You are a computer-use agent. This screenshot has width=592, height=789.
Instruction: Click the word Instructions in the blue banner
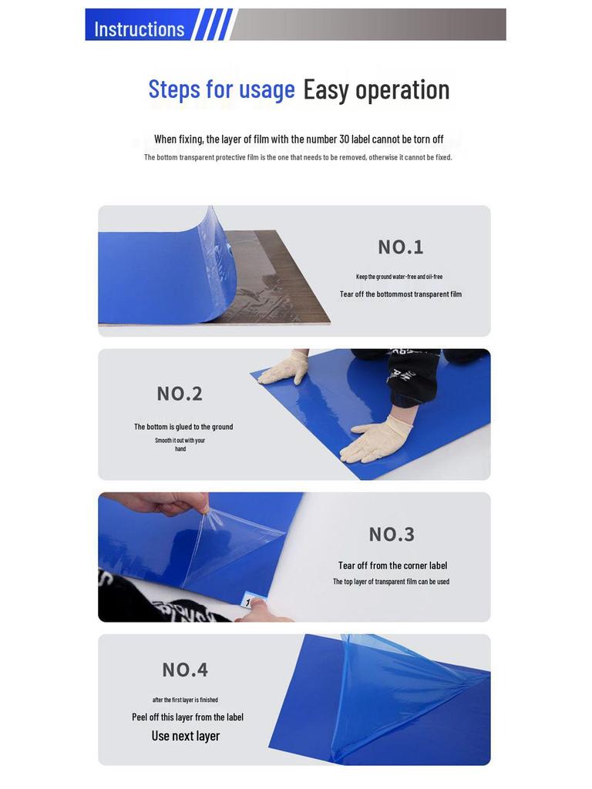click(x=139, y=29)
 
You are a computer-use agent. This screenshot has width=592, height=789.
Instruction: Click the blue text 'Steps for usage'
click(x=221, y=89)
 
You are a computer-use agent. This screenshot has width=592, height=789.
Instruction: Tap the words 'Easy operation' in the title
click(x=376, y=89)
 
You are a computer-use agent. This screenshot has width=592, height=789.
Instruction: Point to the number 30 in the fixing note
click(x=344, y=139)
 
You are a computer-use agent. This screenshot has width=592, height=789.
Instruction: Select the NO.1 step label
click(x=400, y=247)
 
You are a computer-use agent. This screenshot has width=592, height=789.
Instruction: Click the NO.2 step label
click(x=180, y=394)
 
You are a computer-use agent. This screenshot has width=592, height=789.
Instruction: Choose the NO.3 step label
click(x=392, y=534)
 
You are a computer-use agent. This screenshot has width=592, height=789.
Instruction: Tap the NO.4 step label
click(x=185, y=670)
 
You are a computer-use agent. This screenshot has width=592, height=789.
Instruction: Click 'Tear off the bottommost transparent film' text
click(x=400, y=294)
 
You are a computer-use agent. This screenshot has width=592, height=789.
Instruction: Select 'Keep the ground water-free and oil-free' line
click(x=399, y=277)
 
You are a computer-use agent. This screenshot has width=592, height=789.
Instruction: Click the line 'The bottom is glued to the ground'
click(x=183, y=427)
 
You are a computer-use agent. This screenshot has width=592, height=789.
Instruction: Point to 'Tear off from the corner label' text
click(x=392, y=566)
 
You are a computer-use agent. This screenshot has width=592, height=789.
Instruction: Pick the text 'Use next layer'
click(x=185, y=736)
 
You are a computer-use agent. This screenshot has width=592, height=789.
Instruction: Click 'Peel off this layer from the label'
click(x=187, y=717)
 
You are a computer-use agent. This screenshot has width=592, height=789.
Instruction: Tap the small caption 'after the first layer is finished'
click(x=185, y=700)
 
